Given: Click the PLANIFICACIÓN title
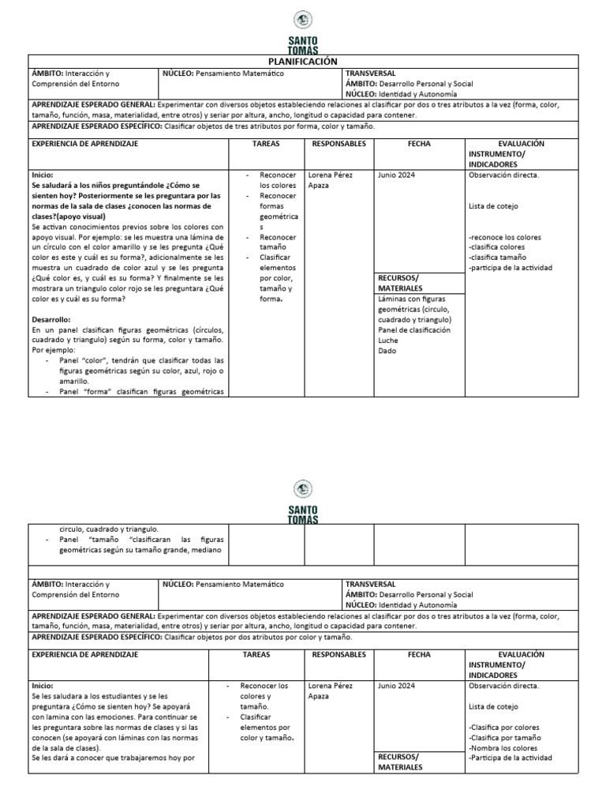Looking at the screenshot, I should (303, 62).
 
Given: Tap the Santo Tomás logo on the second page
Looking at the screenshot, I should (303, 502).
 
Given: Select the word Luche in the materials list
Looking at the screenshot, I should (389, 341).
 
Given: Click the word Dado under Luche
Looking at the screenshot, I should (387, 351).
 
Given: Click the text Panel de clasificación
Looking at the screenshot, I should (414, 330).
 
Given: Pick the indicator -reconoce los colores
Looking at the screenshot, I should (506, 237).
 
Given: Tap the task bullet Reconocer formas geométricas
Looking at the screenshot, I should (278, 211).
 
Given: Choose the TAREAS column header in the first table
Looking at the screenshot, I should (266, 145).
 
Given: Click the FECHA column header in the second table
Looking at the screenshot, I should (419, 655).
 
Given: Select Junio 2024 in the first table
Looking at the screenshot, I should (397, 175).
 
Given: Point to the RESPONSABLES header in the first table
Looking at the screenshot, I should (339, 145).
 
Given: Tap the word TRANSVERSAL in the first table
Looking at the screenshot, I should (371, 73).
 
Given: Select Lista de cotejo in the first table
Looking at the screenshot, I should (492, 206).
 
